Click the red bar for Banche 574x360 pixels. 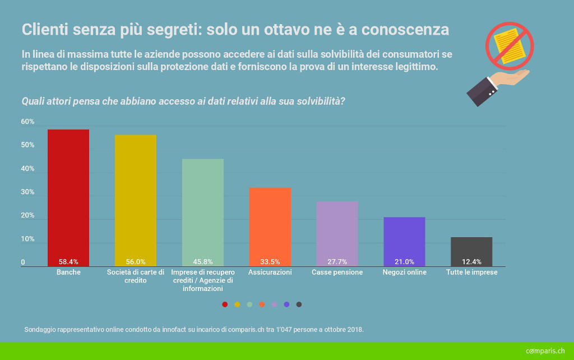[x=68, y=196]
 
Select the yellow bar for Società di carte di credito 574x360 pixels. [x=136, y=199]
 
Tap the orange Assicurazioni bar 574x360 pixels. [x=270, y=224]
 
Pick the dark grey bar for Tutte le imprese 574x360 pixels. [x=471, y=250]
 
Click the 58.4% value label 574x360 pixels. [x=68, y=262]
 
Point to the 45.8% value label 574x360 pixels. [x=203, y=262]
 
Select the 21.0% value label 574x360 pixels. [x=404, y=262]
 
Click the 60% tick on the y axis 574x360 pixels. [x=28, y=122]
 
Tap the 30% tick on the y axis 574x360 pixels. [x=28, y=192]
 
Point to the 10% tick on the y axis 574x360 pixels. [x=28, y=239]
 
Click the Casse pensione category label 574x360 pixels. [x=337, y=273]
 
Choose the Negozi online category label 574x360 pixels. [x=404, y=273]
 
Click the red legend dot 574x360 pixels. [x=225, y=304]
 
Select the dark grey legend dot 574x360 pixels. [x=299, y=304]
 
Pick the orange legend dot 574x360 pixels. [x=262, y=304]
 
